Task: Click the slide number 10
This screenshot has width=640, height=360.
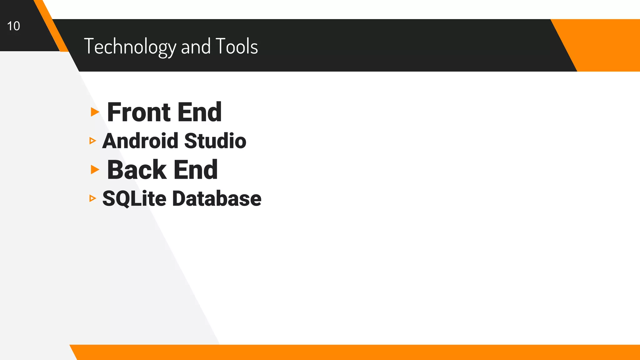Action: point(13,26)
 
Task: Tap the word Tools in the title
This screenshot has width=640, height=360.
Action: point(237,46)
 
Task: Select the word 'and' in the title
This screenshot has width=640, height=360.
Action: point(196,47)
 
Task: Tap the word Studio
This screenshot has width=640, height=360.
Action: point(215,141)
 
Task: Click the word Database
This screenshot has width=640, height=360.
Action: point(217,198)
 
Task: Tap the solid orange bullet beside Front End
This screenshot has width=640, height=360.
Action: point(95,112)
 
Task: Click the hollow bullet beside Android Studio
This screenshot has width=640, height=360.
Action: point(92,141)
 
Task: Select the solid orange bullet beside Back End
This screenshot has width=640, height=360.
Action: point(95,169)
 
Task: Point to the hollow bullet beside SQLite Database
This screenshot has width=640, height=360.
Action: point(92,198)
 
